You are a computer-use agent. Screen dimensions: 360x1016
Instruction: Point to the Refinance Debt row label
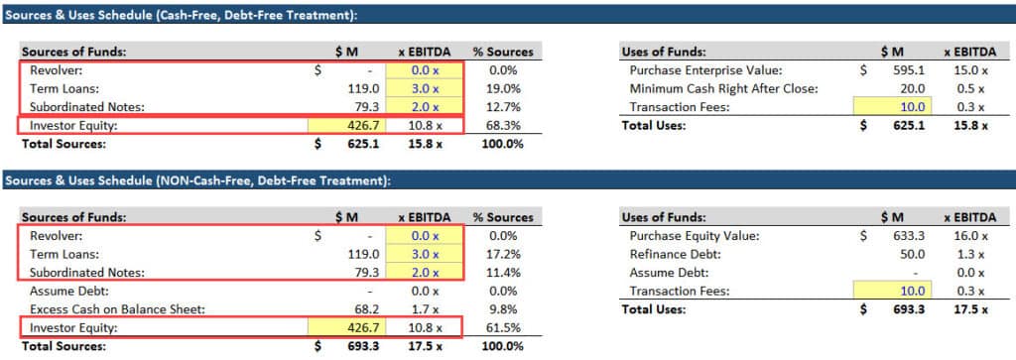[671, 254]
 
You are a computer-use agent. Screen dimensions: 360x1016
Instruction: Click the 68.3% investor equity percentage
[506, 125]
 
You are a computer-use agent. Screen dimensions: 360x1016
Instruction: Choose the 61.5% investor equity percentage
[506, 327]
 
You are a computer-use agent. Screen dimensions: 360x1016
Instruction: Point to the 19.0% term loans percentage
[506, 88]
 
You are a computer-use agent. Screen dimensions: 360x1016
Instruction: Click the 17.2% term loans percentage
[506, 254]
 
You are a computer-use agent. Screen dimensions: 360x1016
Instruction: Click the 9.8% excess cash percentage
[509, 308]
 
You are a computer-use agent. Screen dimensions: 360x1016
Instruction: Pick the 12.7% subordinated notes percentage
[506, 106]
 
